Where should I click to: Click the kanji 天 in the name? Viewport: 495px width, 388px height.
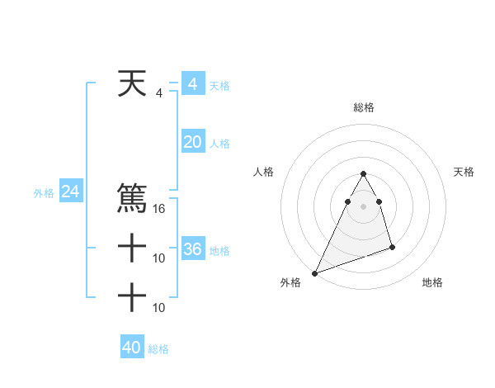(x=132, y=84)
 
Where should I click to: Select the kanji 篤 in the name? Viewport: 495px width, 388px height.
(x=132, y=199)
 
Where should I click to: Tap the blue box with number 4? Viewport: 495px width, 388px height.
(x=192, y=84)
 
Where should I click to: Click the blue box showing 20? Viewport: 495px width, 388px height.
(x=192, y=142)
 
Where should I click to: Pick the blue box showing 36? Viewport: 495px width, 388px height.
(x=192, y=249)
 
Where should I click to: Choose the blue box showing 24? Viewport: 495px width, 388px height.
(x=70, y=192)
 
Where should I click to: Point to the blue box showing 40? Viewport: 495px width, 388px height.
(x=132, y=348)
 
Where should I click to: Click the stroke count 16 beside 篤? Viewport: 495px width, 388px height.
(x=160, y=209)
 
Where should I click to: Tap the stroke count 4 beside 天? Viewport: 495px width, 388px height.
(x=159, y=93)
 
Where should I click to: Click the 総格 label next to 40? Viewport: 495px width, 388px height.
(x=159, y=349)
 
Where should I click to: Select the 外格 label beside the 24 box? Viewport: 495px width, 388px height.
(x=44, y=193)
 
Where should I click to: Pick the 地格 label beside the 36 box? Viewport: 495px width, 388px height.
(x=220, y=250)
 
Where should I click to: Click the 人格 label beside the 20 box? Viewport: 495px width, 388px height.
(x=220, y=144)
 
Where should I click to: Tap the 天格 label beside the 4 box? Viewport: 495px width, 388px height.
(x=219, y=86)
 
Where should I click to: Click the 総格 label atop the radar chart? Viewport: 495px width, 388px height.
(x=363, y=107)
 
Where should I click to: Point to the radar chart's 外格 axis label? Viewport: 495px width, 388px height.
(x=290, y=282)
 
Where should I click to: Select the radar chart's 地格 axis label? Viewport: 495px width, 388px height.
(x=432, y=282)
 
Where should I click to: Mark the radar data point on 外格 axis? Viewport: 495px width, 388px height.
(x=314, y=273)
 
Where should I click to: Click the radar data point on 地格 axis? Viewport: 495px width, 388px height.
(x=392, y=247)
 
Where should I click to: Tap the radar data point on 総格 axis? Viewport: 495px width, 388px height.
(x=363, y=173)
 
